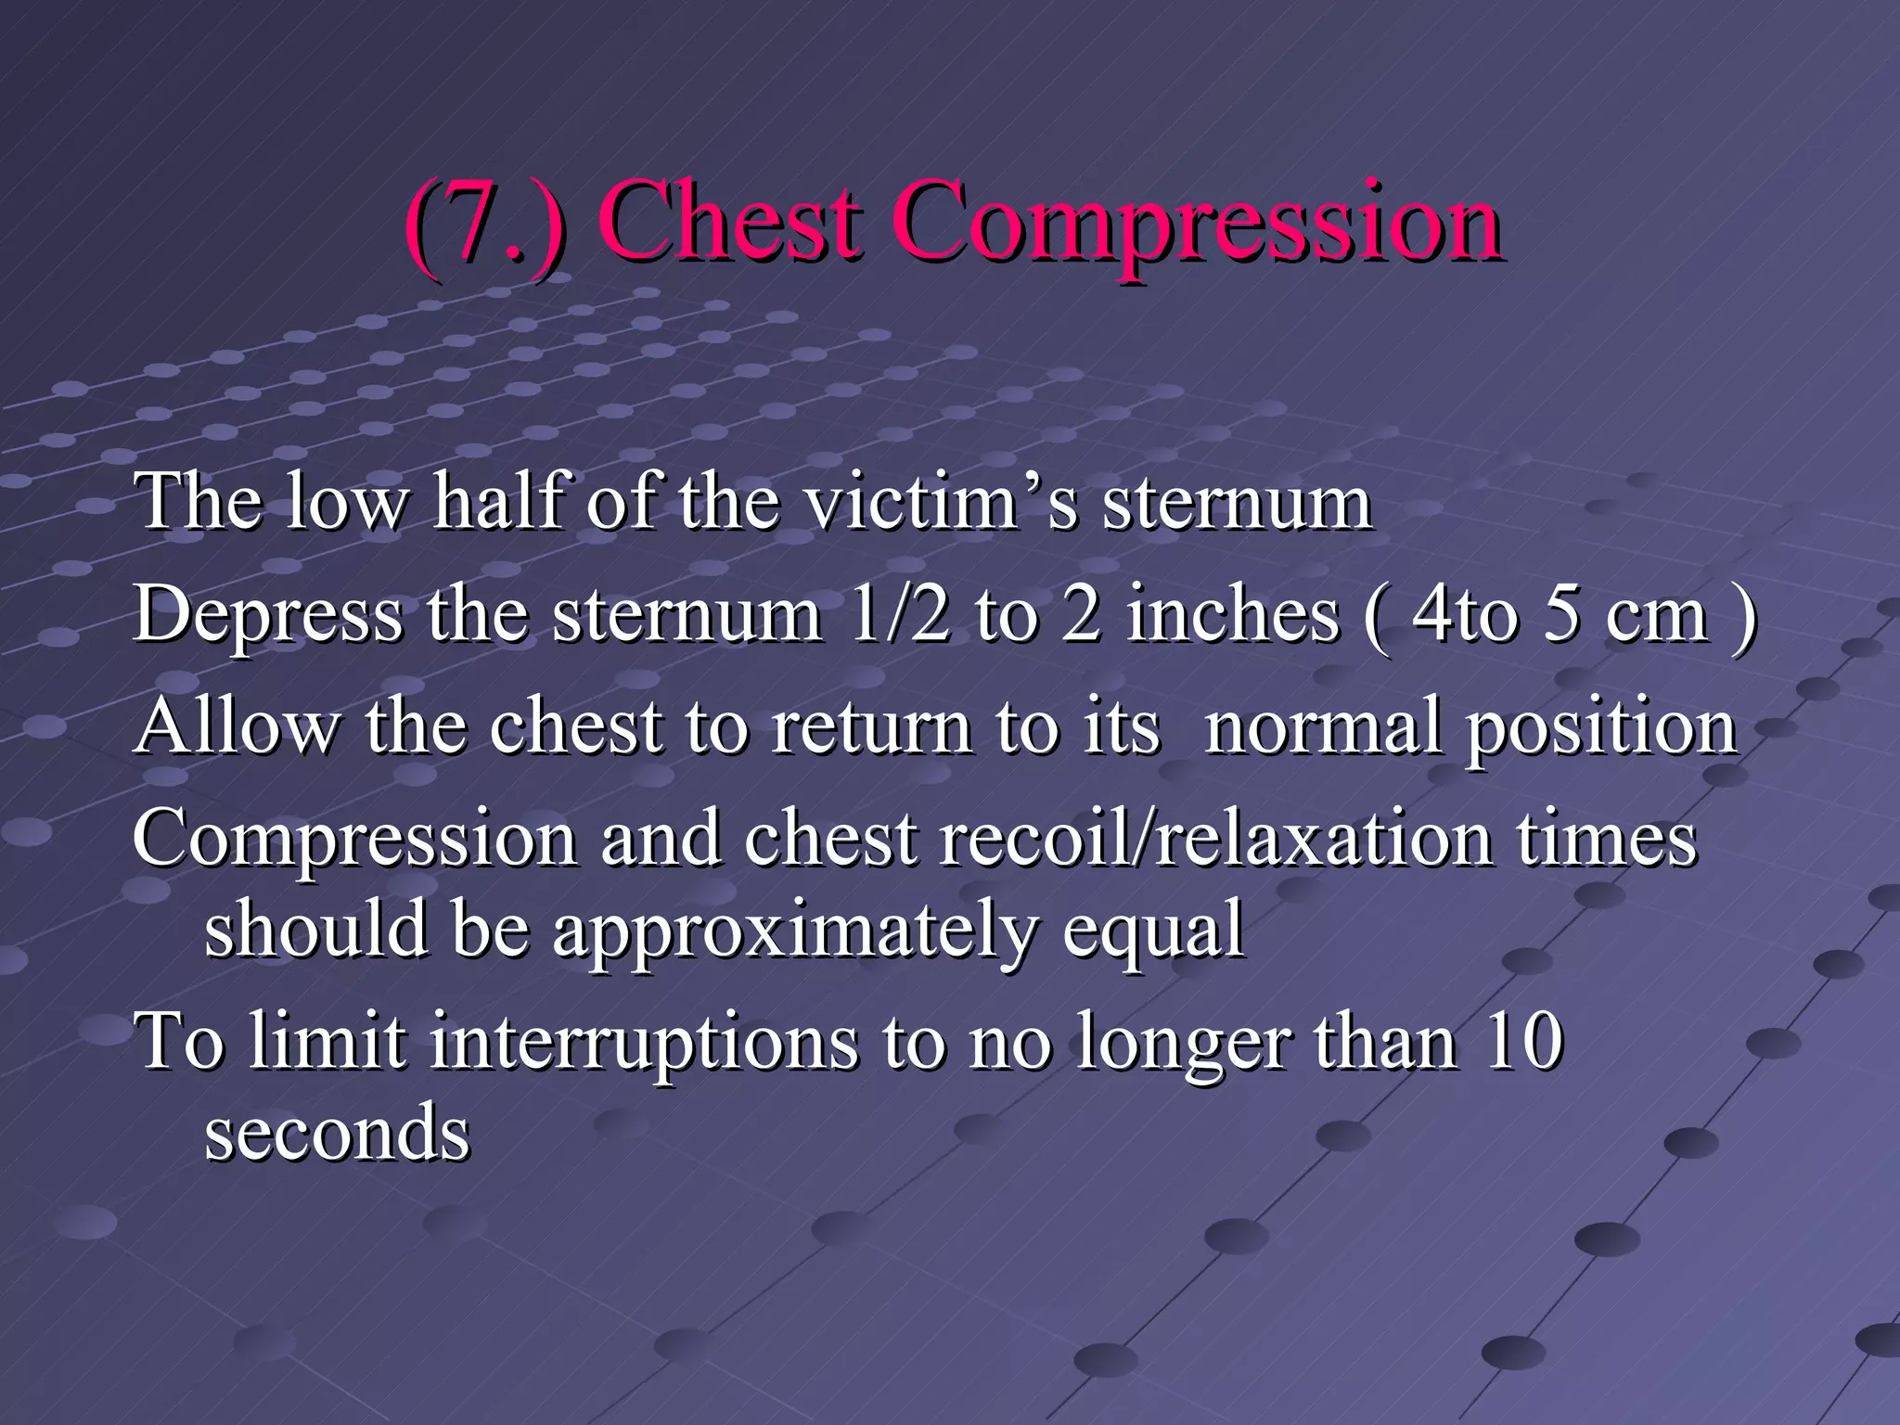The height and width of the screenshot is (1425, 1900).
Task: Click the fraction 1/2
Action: coord(900,614)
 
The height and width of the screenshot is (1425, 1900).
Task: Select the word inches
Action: coord(1234,614)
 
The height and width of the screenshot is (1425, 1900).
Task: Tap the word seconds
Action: coord(338,1134)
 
